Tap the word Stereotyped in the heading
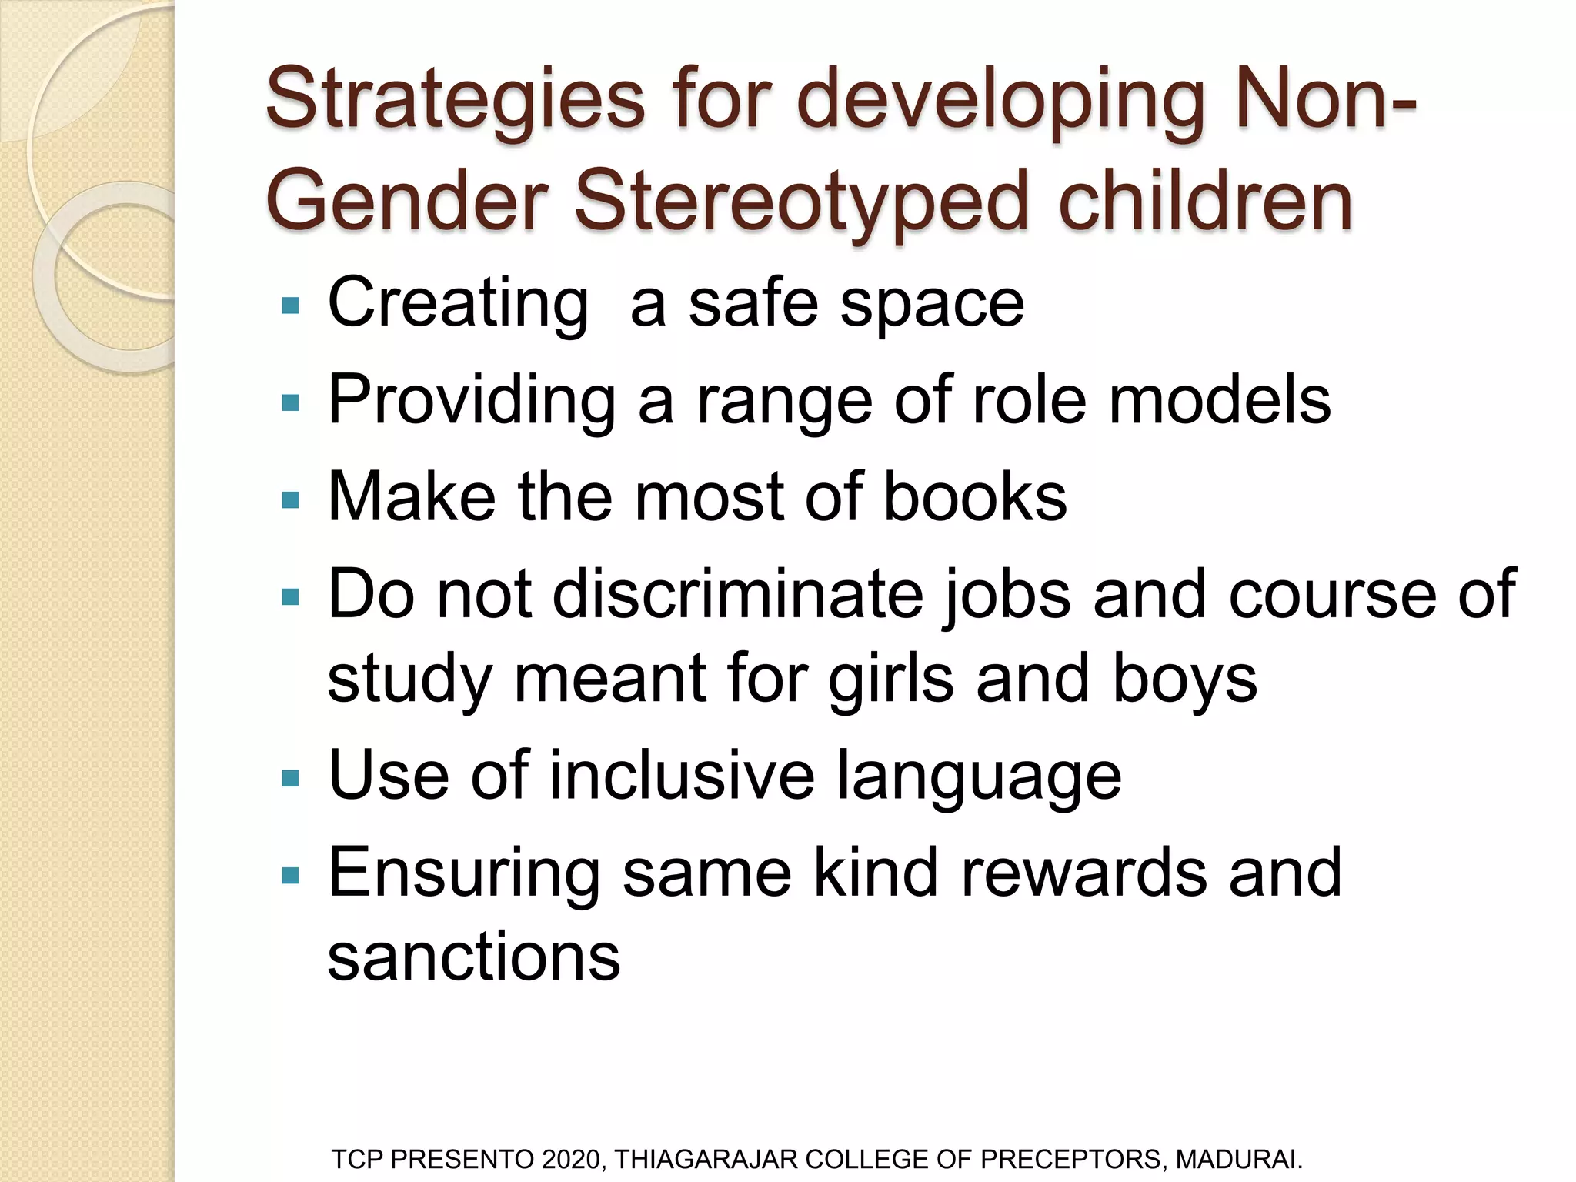click(801, 202)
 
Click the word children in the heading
click(1205, 202)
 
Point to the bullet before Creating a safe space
click(291, 306)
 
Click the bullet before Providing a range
click(291, 402)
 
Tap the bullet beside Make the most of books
click(291, 501)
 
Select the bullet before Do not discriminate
click(291, 596)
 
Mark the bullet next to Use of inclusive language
click(291, 779)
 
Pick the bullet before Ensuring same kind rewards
click(291, 875)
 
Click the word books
click(975, 497)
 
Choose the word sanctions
click(474, 956)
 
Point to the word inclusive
click(682, 776)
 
